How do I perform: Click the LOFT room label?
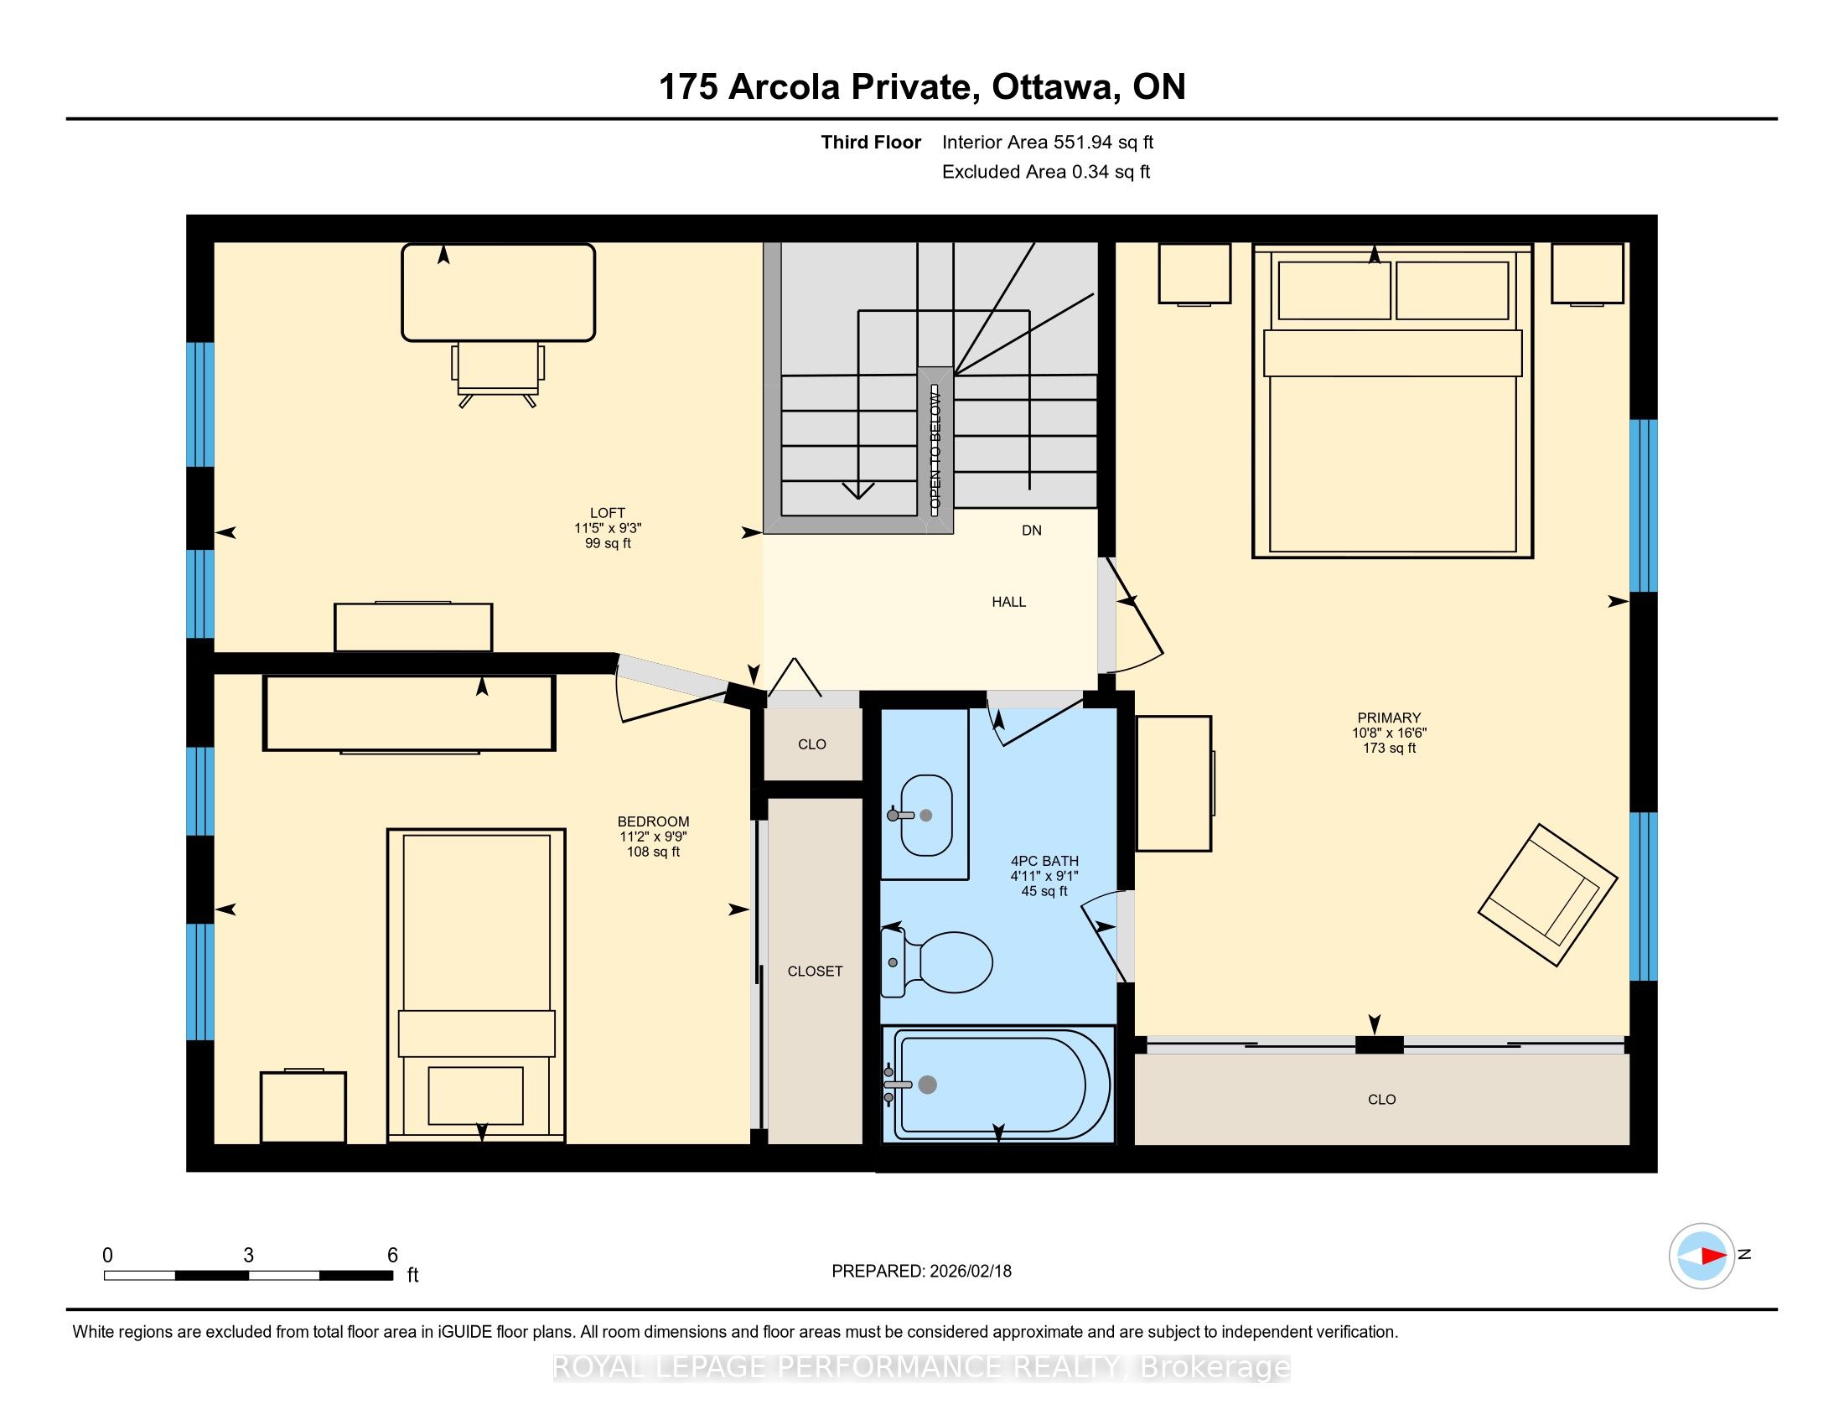[x=607, y=512]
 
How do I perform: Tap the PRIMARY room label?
[x=1389, y=718]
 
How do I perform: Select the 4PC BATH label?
[x=1044, y=861]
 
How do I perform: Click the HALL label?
[x=1009, y=602]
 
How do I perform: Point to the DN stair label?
[x=1032, y=530]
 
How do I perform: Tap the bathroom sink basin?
[x=926, y=816]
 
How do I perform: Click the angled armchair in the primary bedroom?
[x=1547, y=895]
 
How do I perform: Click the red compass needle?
[x=1714, y=1257]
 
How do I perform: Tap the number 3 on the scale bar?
[x=248, y=1256]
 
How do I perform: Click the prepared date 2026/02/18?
[x=970, y=1272]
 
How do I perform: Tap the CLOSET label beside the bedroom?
[x=815, y=972]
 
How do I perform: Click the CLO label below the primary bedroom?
[x=1382, y=1100]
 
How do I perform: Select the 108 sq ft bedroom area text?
[x=653, y=852]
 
